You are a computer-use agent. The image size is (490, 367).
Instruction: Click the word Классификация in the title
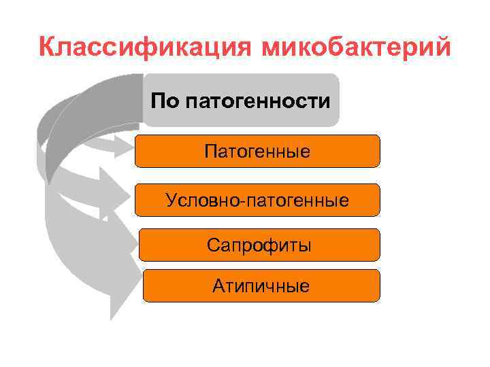144,48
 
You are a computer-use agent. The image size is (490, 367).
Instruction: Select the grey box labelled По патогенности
241,101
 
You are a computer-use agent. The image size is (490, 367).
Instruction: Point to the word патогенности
258,102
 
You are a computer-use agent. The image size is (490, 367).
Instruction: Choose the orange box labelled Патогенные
257,151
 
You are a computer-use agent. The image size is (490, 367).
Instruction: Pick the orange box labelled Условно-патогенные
257,200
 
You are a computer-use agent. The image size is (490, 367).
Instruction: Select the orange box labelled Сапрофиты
259,245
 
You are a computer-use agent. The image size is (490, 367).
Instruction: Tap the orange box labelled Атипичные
261,285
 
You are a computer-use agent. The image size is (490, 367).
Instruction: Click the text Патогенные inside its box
257,151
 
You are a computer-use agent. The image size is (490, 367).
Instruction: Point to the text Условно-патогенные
257,200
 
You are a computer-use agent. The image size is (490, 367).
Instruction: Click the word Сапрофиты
259,245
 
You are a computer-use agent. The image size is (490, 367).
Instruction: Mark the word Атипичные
261,286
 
